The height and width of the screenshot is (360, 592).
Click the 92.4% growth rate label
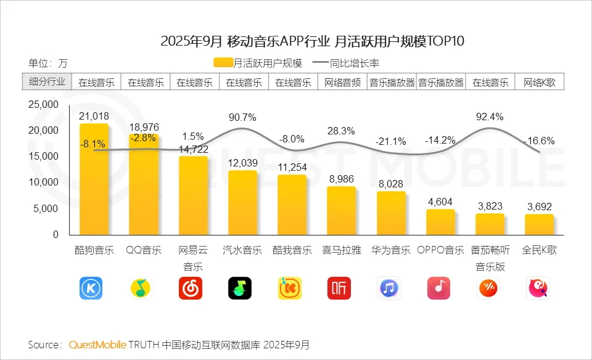pos(490,117)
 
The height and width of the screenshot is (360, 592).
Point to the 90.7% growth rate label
pos(242,117)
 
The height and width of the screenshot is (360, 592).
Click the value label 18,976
pos(144,127)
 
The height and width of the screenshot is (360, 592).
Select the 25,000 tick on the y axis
pos(44,104)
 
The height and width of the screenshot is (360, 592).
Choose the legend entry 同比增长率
pos(345,63)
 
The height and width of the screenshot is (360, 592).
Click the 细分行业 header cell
pos(47,82)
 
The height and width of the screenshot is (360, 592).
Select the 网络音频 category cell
pos(342,82)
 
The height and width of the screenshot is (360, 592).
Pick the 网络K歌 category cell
pos(540,82)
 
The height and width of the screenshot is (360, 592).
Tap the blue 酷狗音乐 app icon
pos(91,288)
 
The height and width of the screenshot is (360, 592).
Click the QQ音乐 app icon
pos(141,288)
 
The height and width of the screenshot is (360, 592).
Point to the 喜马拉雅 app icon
pos(339,288)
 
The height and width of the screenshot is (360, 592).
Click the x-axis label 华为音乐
pos(390,250)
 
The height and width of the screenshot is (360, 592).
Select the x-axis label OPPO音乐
pos(440,250)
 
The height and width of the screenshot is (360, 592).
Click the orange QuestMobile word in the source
pos(97,344)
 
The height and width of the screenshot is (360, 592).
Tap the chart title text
pos(311,41)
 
